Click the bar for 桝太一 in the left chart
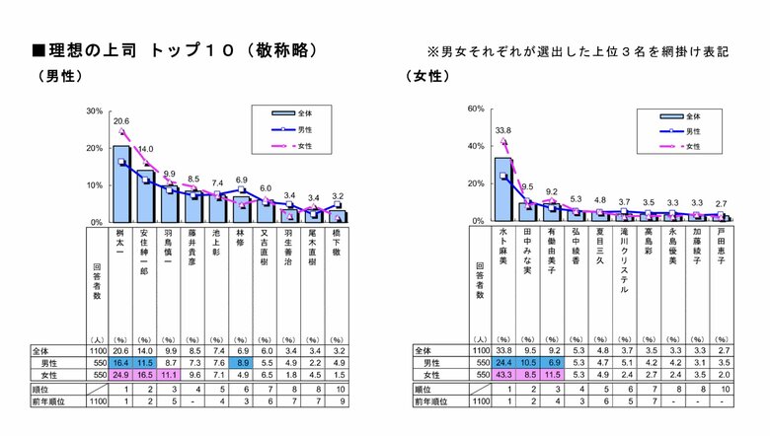click(x=122, y=184)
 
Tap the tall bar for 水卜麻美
click(x=502, y=189)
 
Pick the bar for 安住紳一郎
click(x=145, y=196)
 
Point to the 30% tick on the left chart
click(x=95, y=110)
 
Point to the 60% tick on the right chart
click(x=474, y=108)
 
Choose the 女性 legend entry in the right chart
click(x=681, y=146)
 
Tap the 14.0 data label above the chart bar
click(x=145, y=149)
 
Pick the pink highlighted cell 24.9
click(x=122, y=376)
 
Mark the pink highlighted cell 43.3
click(x=502, y=376)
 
